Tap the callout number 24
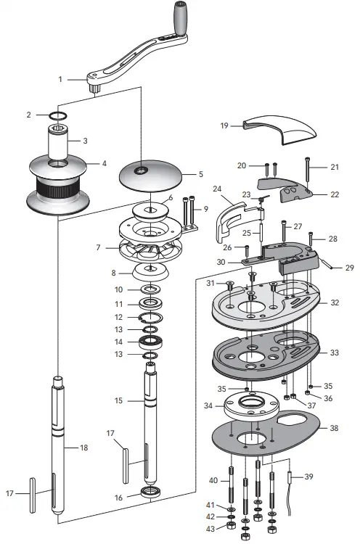(x=217, y=189)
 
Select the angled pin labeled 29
(x=328, y=265)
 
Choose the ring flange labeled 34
(x=249, y=407)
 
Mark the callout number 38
(x=334, y=428)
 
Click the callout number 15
(x=118, y=400)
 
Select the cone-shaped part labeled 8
(x=151, y=273)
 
